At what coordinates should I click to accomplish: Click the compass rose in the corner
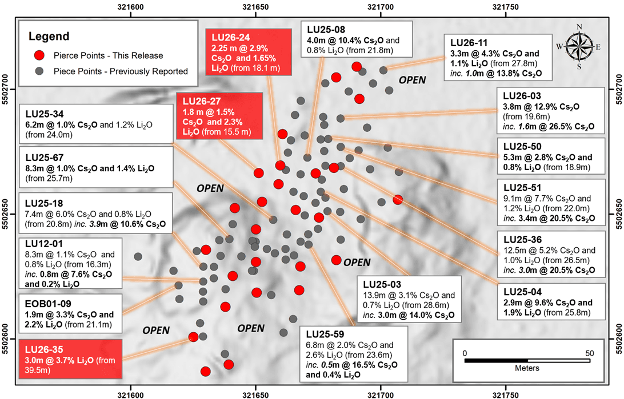click(579, 46)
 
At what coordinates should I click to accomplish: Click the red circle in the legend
click(39, 55)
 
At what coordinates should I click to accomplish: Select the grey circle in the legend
click(39, 71)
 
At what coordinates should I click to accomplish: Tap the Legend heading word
click(49, 36)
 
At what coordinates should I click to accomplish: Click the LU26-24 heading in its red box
click(231, 38)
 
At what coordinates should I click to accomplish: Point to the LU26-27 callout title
click(202, 102)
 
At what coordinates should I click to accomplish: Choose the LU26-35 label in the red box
click(44, 350)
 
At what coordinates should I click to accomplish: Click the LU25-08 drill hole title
click(326, 30)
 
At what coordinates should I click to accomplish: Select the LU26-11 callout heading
click(469, 43)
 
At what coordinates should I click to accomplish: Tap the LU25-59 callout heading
click(325, 334)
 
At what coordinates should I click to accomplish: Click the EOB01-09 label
click(48, 304)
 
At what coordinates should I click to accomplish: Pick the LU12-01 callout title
click(44, 244)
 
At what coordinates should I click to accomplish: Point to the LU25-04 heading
click(522, 292)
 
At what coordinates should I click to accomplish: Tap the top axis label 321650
click(255, 7)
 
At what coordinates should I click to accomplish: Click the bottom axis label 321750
click(505, 395)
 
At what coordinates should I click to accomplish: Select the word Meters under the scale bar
click(527, 368)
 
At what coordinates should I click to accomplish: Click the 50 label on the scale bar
click(589, 353)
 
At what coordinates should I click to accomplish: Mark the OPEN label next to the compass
click(413, 80)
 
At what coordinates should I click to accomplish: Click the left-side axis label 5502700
click(6, 89)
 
